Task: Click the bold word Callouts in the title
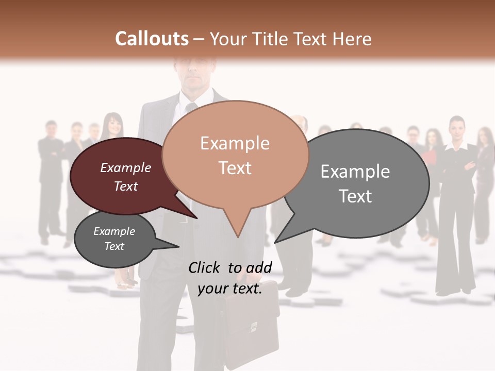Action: (x=152, y=39)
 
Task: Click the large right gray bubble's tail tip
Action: (x=275, y=242)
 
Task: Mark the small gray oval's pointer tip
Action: (x=178, y=247)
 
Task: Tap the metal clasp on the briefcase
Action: (x=254, y=326)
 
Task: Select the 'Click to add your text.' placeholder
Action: (x=230, y=278)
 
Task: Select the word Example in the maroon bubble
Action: (x=126, y=168)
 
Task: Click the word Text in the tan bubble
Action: (x=235, y=168)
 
